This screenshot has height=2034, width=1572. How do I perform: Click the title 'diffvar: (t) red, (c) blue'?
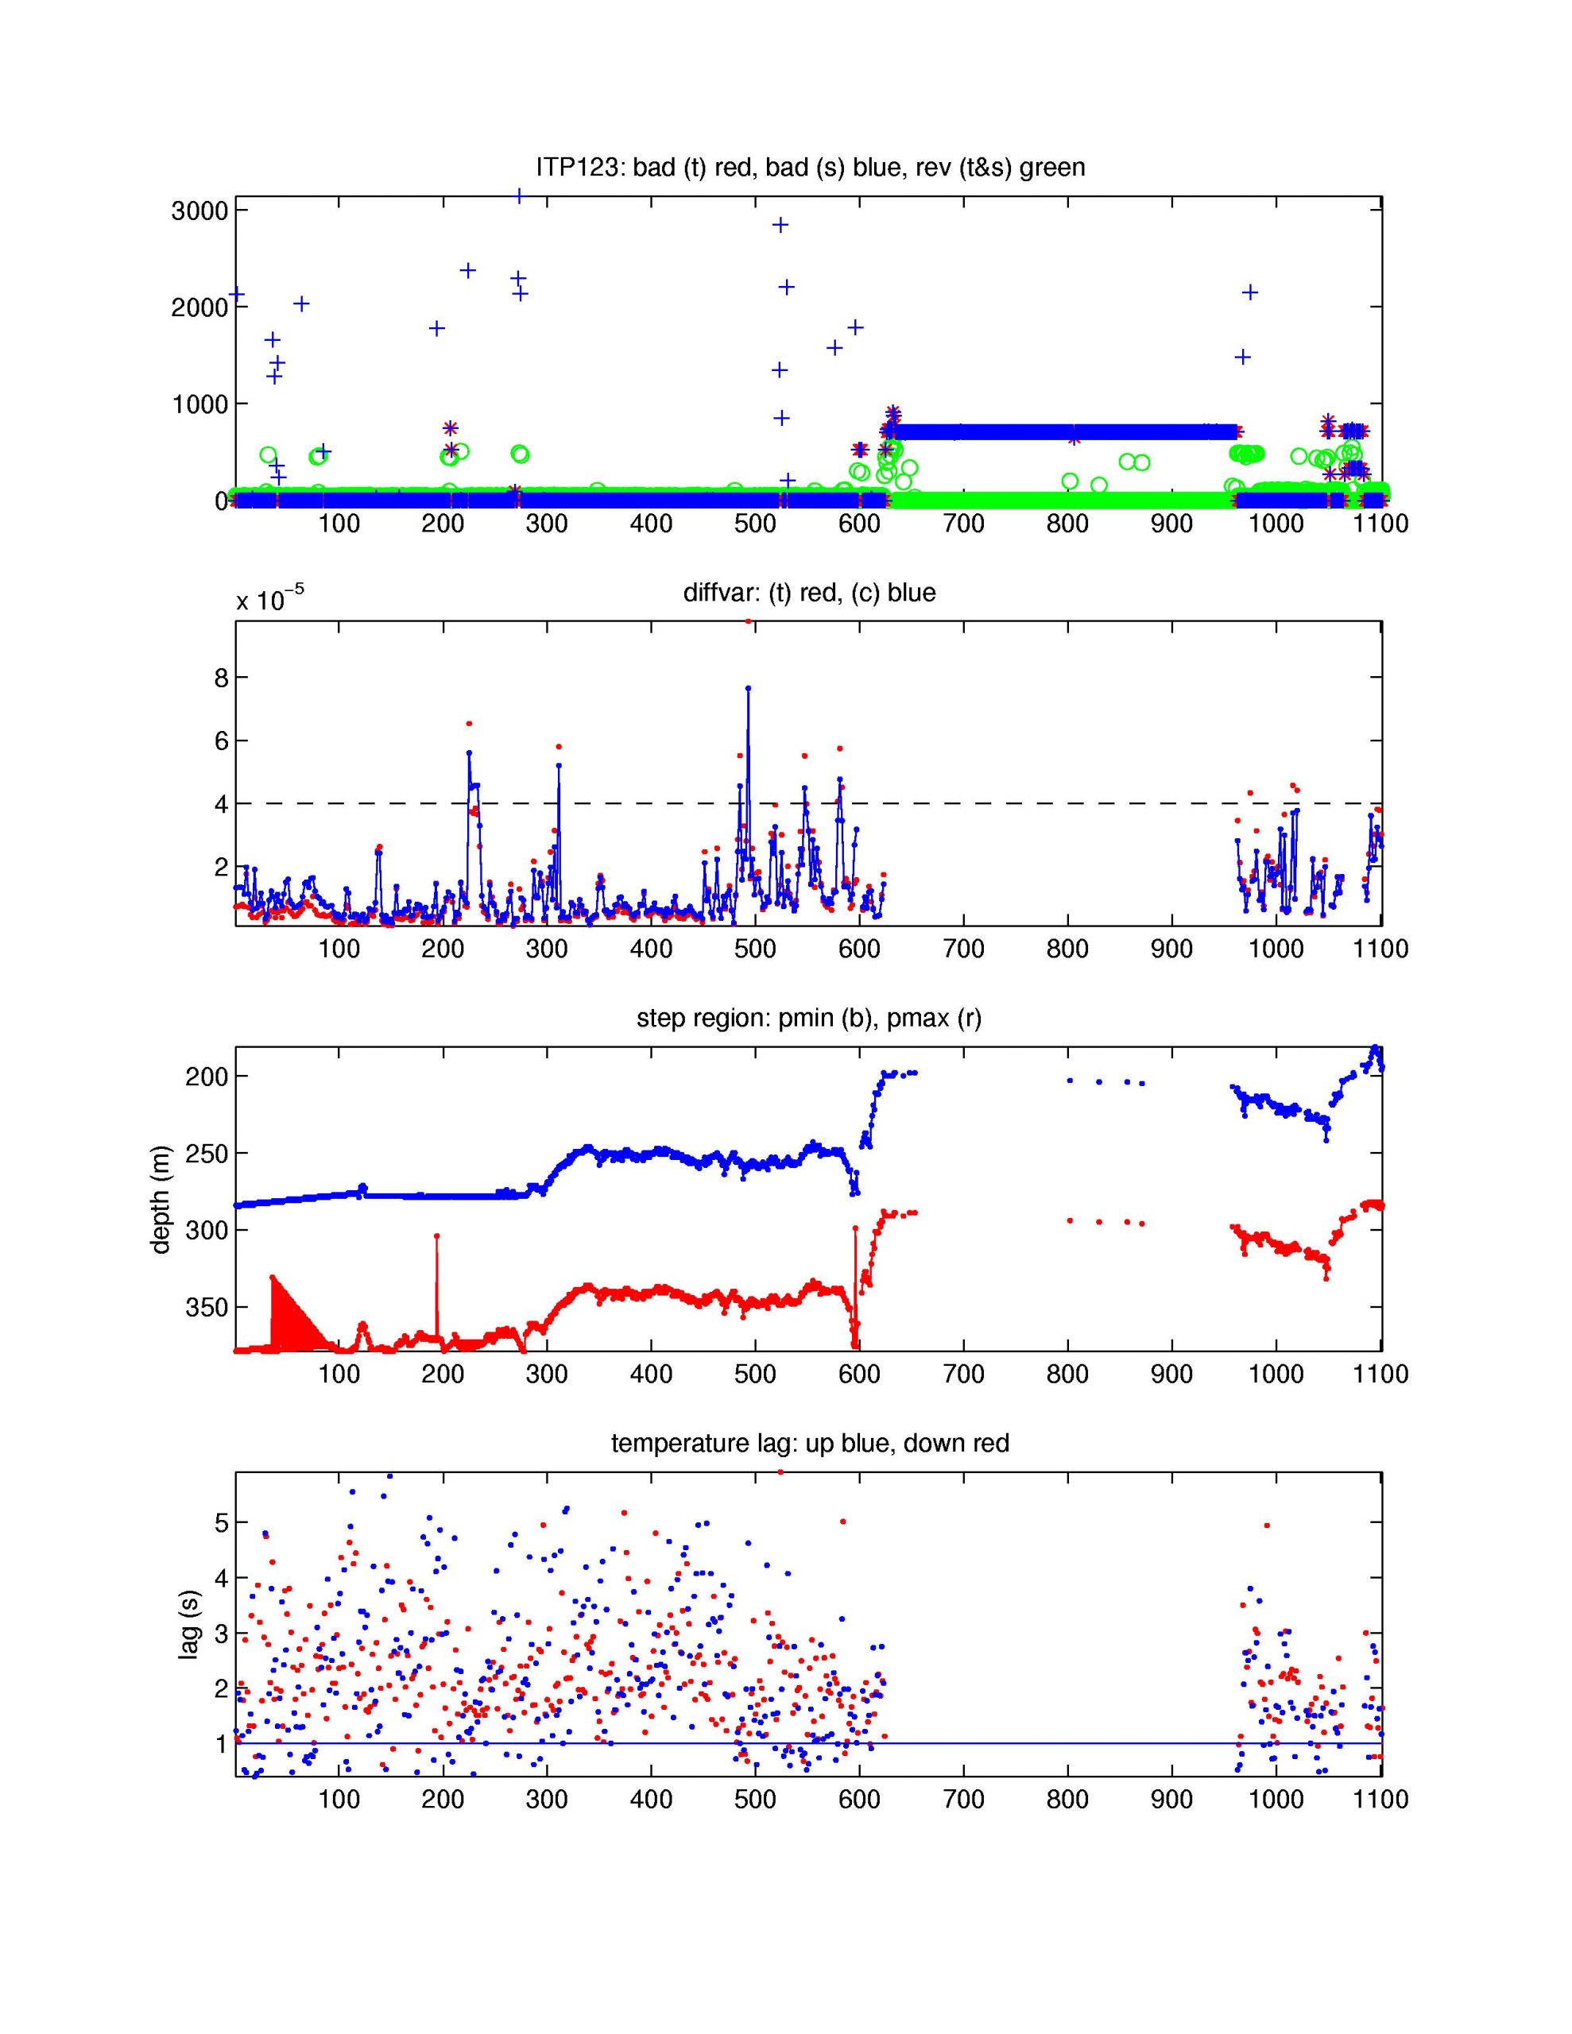(809, 592)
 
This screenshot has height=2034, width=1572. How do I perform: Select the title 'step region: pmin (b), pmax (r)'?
(809, 1018)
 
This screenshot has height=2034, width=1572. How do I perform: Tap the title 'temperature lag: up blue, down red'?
(809, 1444)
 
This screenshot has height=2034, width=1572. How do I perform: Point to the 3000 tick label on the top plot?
(199, 211)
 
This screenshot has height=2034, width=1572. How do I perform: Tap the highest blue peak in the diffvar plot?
(747, 688)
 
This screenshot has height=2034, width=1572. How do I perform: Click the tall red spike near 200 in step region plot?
(437, 1237)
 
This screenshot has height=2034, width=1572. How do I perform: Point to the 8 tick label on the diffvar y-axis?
(221, 678)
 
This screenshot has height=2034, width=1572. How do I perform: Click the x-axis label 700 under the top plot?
(962, 524)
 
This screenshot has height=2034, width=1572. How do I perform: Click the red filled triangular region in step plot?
(288, 1318)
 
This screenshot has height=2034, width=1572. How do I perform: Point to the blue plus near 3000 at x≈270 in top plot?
(518, 196)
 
